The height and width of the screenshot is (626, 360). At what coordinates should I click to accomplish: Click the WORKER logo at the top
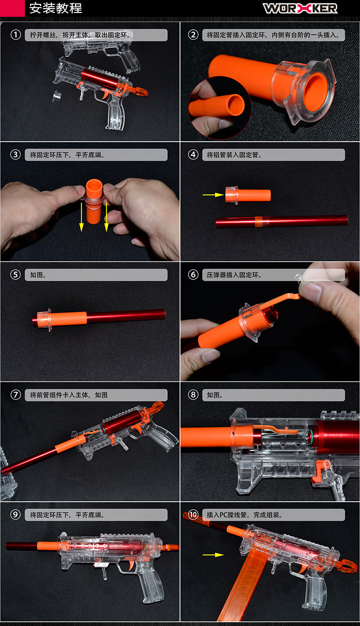pyautogui.click(x=300, y=8)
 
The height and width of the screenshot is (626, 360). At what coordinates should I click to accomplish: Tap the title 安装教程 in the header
pyautogui.click(x=56, y=8)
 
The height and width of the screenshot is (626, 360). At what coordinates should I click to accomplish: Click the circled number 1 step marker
pyautogui.click(x=16, y=35)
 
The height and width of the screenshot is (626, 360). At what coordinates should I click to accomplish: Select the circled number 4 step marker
pyautogui.click(x=193, y=155)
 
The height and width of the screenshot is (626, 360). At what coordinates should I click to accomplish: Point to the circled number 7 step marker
pyautogui.click(x=16, y=395)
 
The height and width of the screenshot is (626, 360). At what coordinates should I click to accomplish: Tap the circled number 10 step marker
pyautogui.click(x=193, y=515)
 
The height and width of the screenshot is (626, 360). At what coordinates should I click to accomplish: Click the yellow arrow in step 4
pyautogui.click(x=213, y=194)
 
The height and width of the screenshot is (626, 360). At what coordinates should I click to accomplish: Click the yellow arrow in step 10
pyautogui.click(x=213, y=555)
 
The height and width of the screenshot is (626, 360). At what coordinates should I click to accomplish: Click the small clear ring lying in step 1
pyautogui.click(x=57, y=96)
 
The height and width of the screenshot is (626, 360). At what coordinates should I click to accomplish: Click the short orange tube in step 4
pyautogui.click(x=248, y=195)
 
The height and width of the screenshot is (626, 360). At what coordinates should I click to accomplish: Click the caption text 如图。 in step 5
pyautogui.click(x=38, y=275)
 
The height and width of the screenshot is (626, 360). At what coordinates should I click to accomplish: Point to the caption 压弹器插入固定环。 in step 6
pyautogui.click(x=234, y=275)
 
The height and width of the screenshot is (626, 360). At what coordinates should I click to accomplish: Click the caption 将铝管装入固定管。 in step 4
pyautogui.click(x=234, y=155)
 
